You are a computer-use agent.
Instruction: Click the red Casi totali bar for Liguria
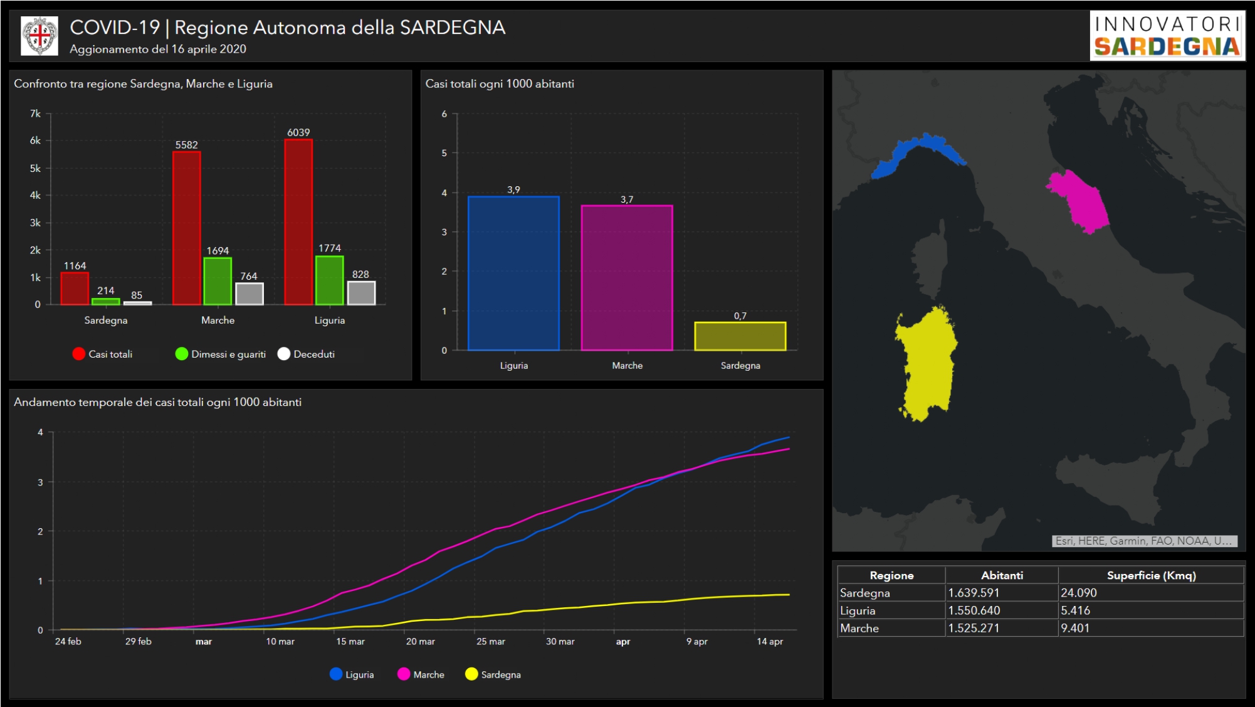click(x=298, y=221)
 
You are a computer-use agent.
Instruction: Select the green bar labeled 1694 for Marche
click(x=218, y=281)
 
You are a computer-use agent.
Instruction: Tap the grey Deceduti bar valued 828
click(x=361, y=293)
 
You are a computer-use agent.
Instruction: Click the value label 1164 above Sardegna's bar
click(x=75, y=266)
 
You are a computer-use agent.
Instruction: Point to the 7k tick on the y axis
click(x=36, y=114)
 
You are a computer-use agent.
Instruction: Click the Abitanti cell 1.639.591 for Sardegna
click(x=974, y=593)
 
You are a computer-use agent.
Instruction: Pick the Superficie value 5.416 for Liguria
click(x=1075, y=610)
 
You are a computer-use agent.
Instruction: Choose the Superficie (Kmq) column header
click(x=1151, y=575)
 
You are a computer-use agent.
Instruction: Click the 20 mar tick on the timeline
click(x=420, y=641)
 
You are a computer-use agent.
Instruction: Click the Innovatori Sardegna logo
click(x=1167, y=36)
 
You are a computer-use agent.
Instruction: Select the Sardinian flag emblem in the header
click(x=39, y=36)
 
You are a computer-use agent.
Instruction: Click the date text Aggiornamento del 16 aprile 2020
click(x=158, y=49)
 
